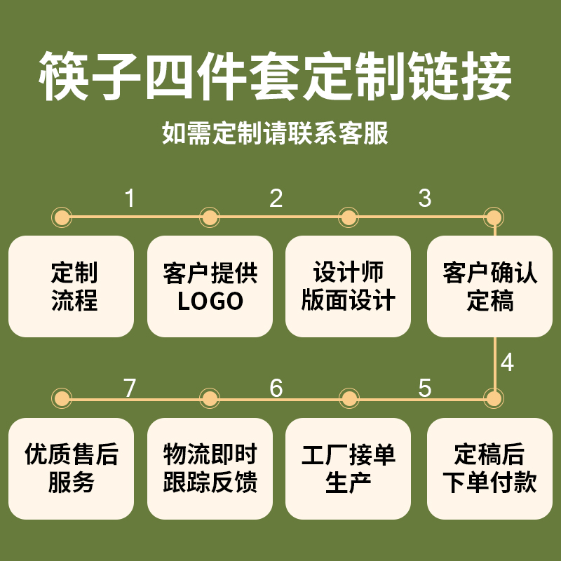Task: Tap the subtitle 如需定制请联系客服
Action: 276,133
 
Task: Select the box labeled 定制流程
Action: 71,287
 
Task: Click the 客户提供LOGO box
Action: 210,287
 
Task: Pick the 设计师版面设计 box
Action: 349,287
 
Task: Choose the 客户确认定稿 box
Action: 490,287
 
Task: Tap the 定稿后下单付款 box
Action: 490,468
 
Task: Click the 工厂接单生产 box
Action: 349,468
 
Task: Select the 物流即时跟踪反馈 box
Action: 210,468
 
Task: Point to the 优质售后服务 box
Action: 71,468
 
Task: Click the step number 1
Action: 130,198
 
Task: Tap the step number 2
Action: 276,198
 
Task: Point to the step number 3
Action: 424,198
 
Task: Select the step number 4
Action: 508,363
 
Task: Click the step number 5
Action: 424,388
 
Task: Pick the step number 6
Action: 276,388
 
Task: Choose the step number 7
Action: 130,388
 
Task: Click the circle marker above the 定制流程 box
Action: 62,217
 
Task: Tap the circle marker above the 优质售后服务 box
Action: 62,399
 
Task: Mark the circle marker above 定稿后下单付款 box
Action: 494,399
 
